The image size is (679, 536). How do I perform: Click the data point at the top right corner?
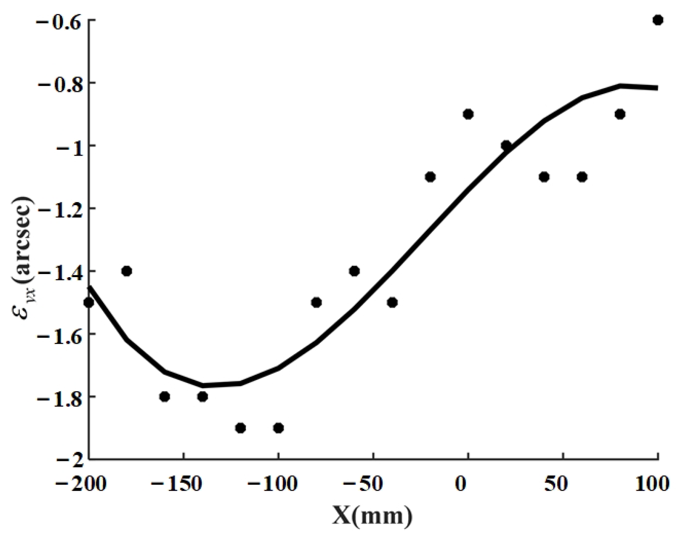click(658, 20)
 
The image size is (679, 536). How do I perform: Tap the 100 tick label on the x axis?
click(652, 485)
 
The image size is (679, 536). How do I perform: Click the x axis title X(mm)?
click(372, 516)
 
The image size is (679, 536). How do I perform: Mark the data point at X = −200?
click(89, 302)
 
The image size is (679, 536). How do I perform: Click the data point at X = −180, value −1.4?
click(126, 271)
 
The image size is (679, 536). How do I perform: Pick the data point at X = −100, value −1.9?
click(278, 428)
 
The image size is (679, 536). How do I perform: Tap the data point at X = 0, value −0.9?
click(468, 114)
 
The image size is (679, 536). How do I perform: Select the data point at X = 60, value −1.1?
click(582, 177)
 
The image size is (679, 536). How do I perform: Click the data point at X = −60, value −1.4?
click(354, 271)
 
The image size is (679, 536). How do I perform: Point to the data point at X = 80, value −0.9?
click(620, 114)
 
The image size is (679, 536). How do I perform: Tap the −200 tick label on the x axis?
click(81, 485)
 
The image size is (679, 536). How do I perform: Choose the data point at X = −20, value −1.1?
click(430, 177)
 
